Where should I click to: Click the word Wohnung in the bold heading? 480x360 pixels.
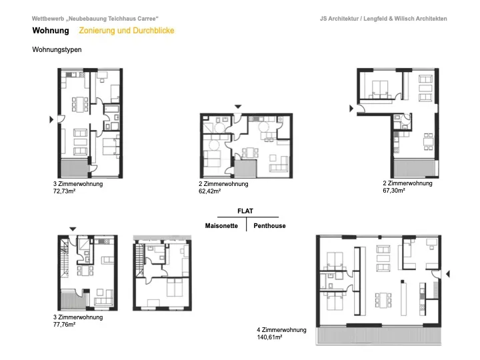[x=51, y=31]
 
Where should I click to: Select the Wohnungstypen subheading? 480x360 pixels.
[x=57, y=49]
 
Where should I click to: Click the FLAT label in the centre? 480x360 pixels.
[x=245, y=211]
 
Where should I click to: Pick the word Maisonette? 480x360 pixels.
[x=221, y=226]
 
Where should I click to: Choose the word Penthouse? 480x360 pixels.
[x=269, y=226]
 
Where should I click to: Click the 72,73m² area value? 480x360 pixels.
[x=64, y=191]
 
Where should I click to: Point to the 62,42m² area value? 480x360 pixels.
[x=210, y=191]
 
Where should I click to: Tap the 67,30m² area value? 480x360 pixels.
[x=394, y=191]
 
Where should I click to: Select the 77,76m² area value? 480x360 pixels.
[x=64, y=325]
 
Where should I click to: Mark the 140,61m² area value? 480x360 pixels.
[x=269, y=337]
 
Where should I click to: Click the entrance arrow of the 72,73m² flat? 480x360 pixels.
[x=51, y=119]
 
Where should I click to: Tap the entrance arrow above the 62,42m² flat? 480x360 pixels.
[x=238, y=107]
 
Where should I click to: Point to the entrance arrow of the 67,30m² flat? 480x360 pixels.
[x=351, y=109]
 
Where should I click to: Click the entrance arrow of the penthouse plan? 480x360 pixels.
[x=448, y=274]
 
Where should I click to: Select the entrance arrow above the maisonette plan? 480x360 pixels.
[x=73, y=229]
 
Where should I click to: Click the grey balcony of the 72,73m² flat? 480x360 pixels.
[x=75, y=168]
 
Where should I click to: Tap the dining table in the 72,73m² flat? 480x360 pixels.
[x=80, y=104]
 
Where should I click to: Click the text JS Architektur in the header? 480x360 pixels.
[x=339, y=19]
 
